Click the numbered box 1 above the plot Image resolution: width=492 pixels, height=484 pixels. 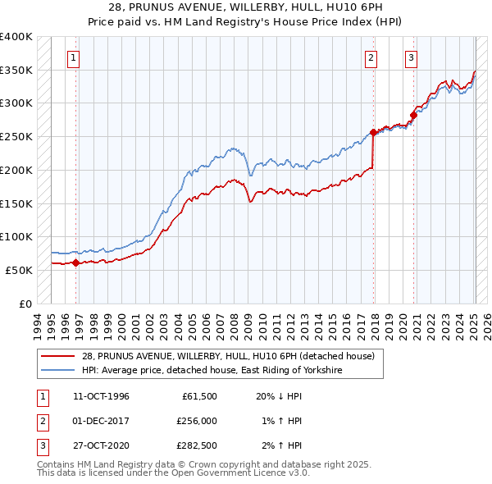click(x=74, y=57)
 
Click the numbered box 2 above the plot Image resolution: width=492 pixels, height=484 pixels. click(x=371, y=57)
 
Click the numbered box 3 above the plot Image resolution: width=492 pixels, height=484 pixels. click(x=411, y=57)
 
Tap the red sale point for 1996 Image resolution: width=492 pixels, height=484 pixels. click(x=75, y=263)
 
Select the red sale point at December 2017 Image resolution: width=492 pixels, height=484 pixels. click(x=373, y=132)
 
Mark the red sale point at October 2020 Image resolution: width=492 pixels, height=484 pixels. click(x=414, y=115)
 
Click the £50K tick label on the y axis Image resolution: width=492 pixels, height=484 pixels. click(x=19, y=270)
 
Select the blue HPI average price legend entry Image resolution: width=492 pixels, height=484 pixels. click(x=211, y=371)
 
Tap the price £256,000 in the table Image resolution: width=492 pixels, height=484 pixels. click(x=196, y=421)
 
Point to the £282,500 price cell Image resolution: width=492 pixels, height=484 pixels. click(x=196, y=445)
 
